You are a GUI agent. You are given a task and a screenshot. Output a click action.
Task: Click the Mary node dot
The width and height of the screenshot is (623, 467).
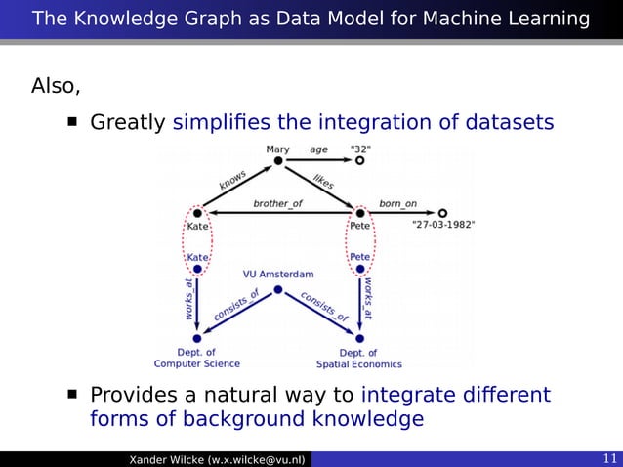pos(278,161)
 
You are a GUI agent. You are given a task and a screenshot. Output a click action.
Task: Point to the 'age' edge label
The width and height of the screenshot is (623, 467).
pos(319,149)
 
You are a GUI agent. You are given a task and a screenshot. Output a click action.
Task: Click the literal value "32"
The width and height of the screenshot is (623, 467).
pos(360,149)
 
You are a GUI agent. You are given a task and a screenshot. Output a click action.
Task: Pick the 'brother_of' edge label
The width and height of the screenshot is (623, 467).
pos(277,203)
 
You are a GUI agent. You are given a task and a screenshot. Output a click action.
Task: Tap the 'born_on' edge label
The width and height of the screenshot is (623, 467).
pos(397,203)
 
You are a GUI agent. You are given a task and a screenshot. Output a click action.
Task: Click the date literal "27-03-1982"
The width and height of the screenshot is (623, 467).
pos(444,224)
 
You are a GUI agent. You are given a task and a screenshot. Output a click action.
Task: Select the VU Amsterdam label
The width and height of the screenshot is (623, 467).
pos(278,274)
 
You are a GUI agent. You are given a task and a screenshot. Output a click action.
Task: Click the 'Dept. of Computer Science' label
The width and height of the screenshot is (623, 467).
pos(197,358)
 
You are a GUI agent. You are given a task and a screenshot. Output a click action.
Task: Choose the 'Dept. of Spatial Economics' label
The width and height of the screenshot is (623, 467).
pos(358,358)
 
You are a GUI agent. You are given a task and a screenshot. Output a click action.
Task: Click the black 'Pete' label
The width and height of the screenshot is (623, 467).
pos(360,225)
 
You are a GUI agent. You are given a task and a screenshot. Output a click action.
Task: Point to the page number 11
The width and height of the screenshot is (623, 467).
pos(609,459)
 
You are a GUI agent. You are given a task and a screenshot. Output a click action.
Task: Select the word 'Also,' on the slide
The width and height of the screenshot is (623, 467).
pos(56,86)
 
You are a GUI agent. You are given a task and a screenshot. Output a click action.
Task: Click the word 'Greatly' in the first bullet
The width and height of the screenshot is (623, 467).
pos(128,123)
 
